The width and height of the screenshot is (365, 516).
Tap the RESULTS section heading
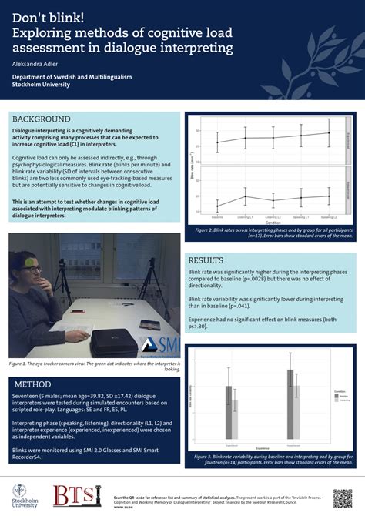tap(206, 260)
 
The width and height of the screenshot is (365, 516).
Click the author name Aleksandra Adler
tap(35, 65)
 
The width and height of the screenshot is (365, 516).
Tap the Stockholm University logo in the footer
tap(25, 495)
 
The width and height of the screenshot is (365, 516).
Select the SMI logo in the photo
tap(161, 345)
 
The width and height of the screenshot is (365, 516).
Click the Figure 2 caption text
tap(267, 233)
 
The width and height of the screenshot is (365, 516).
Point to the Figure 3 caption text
tap(267, 460)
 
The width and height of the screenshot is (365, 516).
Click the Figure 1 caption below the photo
tap(94, 366)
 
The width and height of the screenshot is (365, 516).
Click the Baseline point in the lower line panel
tap(217, 206)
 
